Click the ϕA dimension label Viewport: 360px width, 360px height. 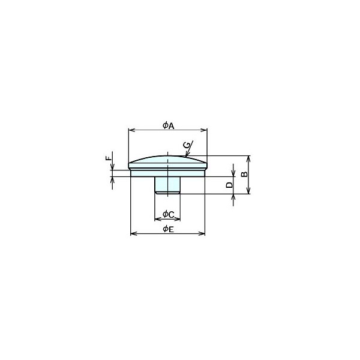(169, 125)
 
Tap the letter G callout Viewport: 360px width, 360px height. (187, 145)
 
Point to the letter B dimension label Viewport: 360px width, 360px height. (245, 174)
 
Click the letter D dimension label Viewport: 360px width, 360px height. (229, 185)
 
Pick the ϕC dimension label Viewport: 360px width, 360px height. (169, 214)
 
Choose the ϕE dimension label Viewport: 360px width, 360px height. (168, 229)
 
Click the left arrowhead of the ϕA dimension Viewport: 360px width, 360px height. (131, 130)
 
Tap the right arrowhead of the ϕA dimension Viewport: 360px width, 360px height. (204, 130)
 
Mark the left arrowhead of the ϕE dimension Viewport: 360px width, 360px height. (134, 234)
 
